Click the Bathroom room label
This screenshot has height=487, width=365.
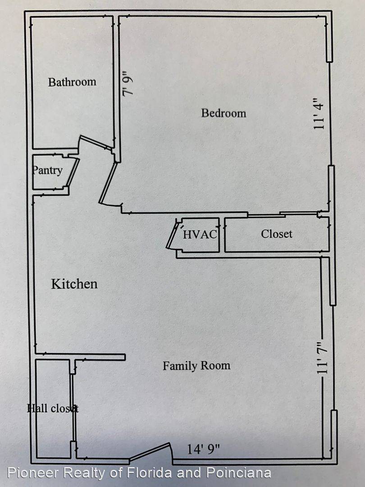(x=72, y=82)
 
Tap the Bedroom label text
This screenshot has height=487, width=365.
(x=224, y=113)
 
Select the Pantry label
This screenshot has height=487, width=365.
(x=47, y=170)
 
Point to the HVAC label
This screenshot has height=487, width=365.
(x=200, y=234)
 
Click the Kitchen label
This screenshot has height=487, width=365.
(x=74, y=284)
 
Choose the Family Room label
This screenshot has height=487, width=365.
(x=196, y=366)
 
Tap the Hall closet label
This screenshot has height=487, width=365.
(x=53, y=408)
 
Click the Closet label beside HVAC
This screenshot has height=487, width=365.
(x=277, y=234)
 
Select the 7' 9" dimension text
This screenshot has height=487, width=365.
(x=128, y=84)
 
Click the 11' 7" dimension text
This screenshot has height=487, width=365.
(x=323, y=357)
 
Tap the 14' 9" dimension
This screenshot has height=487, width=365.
(x=203, y=449)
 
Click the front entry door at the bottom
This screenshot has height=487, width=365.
(x=150, y=451)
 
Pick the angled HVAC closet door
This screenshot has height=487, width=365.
(x=172, y=235)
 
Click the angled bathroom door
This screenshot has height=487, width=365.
(x=96, y=142)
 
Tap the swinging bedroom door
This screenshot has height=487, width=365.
(x=108, y=183)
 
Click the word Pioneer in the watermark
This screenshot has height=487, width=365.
(x=32, y=473)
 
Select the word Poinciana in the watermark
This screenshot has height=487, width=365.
(x=239, y=473)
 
